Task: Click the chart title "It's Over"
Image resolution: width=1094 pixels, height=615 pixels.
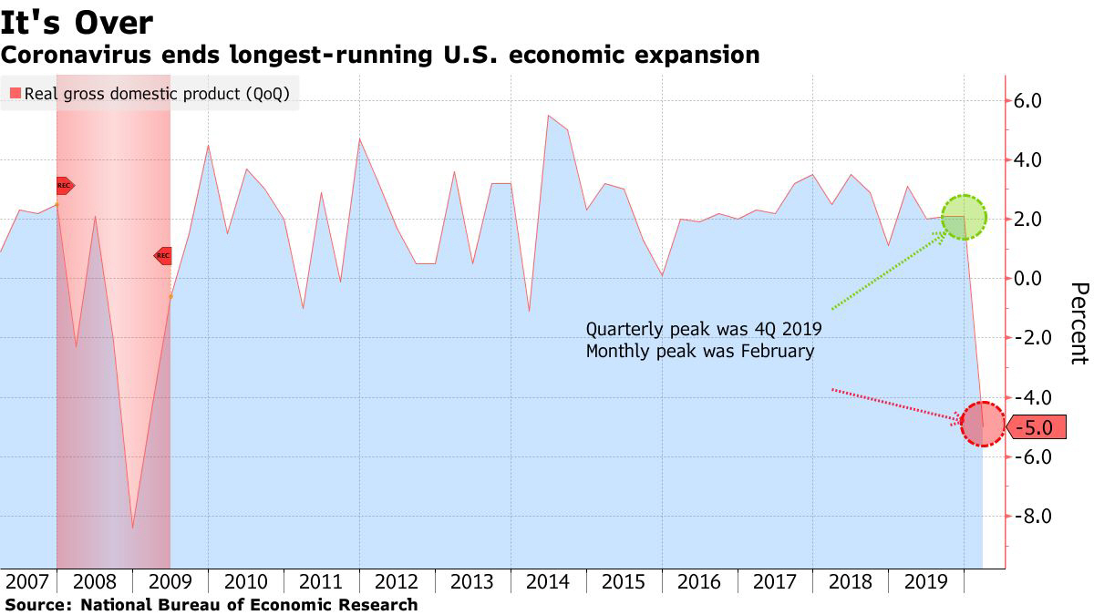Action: tap(77, 22)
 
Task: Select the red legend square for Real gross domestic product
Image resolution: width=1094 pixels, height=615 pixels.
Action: tap(15, 93)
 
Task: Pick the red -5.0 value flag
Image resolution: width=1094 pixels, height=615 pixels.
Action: tap(1037, 426)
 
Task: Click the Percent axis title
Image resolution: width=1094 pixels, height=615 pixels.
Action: tap(1078, 323)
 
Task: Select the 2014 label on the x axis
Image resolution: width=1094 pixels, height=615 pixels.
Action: tap(548, 581)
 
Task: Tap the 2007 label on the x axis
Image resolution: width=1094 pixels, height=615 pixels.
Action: tap(26, 581)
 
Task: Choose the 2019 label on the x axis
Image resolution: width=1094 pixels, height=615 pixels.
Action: tap(926, 581)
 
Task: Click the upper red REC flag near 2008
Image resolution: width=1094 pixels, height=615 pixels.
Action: tap(64, 185)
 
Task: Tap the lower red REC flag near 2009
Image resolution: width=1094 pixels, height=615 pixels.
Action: tap(162, 256)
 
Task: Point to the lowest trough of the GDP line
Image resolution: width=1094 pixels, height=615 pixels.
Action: tap(133, 528)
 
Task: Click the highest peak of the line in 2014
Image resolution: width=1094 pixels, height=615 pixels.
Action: tap(549, 116)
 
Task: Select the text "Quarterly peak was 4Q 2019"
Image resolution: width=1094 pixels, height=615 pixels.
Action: tap(703, 329)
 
